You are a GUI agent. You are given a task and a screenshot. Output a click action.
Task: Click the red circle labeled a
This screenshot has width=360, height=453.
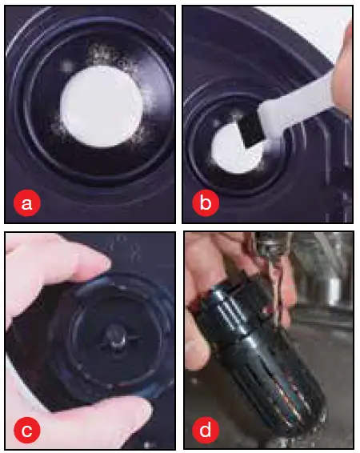(27, 203)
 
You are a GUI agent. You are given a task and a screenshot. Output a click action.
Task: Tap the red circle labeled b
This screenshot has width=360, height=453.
(206, 202)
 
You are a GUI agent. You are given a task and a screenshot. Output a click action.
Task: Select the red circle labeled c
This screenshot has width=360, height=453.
(27, 430)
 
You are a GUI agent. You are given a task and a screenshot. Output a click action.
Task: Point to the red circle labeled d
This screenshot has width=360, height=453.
(206, 430)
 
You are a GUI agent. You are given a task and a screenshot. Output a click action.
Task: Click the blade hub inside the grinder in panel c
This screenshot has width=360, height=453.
(117, 338)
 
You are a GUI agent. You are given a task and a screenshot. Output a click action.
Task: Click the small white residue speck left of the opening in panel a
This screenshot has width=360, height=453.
(67, 66)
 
